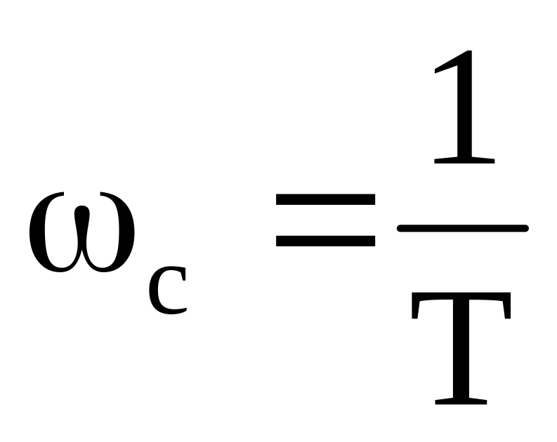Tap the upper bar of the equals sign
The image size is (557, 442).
(325, 199)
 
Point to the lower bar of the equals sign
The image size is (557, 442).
(325, 241)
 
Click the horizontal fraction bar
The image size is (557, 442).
(462, 227)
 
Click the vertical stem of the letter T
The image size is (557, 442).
(461, 358)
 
